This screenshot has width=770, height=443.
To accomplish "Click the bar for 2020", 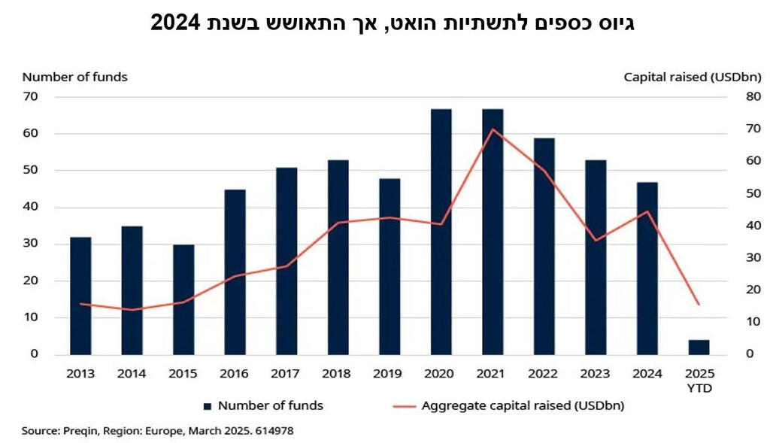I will [441, 232].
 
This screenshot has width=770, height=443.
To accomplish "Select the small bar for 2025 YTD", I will [699, 347].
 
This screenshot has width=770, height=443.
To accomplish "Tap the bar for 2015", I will [183, 299].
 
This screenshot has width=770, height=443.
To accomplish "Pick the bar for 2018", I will [338, 257].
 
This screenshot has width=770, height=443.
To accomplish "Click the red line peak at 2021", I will [493, 129].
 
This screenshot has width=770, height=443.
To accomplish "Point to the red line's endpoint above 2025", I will [699, 304].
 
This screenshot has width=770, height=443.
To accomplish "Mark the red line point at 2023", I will [596, 241].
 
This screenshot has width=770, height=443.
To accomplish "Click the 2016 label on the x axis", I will [235, 373].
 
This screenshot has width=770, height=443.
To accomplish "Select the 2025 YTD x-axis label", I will [699, 381].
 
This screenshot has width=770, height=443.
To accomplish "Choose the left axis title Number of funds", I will [74, 77].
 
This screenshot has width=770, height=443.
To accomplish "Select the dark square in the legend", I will [208, 406].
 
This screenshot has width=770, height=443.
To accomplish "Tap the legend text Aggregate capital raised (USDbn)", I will [523, 405].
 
